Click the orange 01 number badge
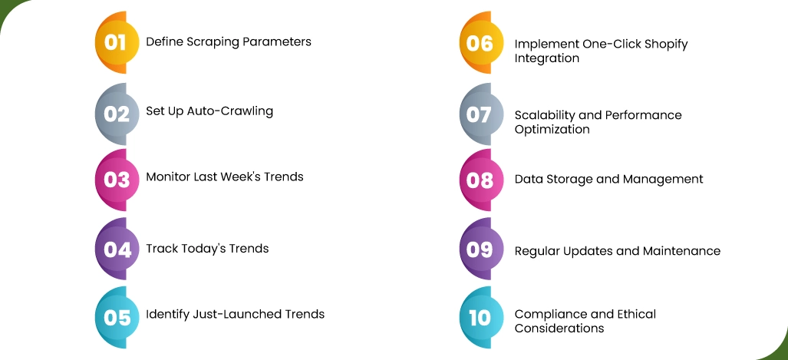(x=117, y=43)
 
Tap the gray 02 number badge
(x=117, y=114)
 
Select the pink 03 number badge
(x=117, y=180)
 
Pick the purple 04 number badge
(x=117, y=249)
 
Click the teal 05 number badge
(x=117, y=317)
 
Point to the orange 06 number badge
(x=480, y=43)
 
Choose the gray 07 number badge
(x=480, y=114)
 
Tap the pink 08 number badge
(x=480, y=180)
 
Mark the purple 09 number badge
(x=480, y=249)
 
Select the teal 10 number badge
(x=480, y=317)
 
